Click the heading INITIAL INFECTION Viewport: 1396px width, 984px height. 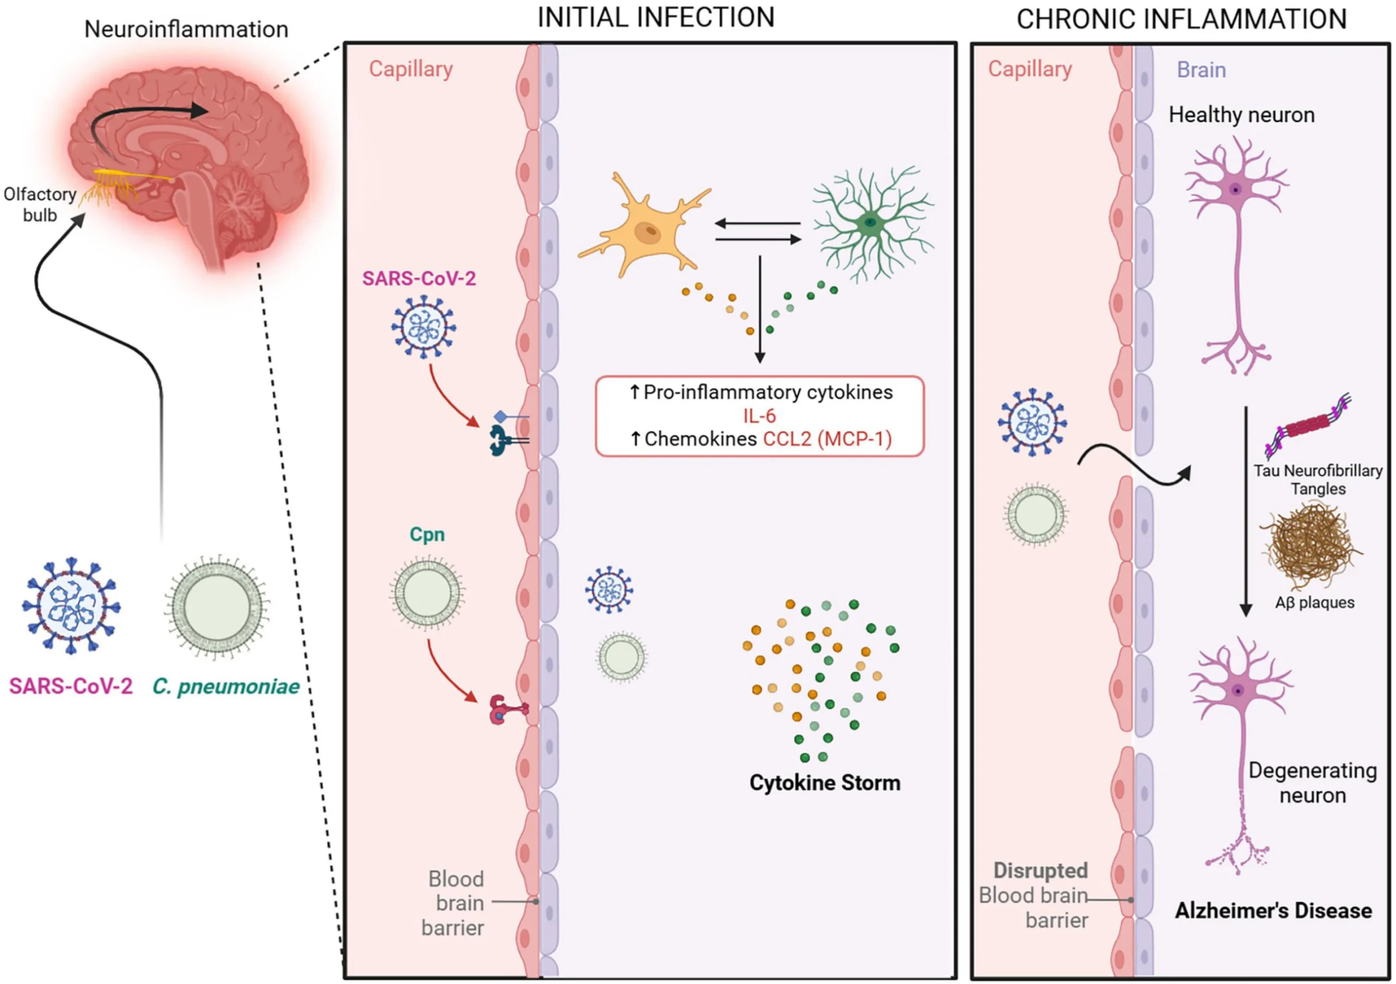pyautogui.click(x=656, y=17)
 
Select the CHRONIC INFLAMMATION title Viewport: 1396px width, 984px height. pyautogui.click(x=1181, y=19)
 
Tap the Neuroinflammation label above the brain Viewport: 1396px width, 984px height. pyautogui.click(x=186, y=29)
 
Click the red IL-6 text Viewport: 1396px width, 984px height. pyautogui.click(x=760, y=416)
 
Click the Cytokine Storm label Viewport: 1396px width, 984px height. pyautogui.click(x=825, y=782)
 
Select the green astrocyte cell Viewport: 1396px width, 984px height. pyautogui.click(x=872, y=223)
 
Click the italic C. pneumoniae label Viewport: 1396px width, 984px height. pyautogui.click(x=226, y=686)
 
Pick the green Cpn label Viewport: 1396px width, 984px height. pyautogui.click(x=427, y=534)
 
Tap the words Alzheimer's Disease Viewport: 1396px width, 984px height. pyautogui.click(x=1273, y=910)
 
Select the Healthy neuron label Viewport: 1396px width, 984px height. pyautogui.click(x=1242, y=114)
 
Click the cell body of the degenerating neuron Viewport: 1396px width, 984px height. pyautogui.click(x=1238, y=691)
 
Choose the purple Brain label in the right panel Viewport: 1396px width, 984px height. pyautogui.click(x=1201, y=69)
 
